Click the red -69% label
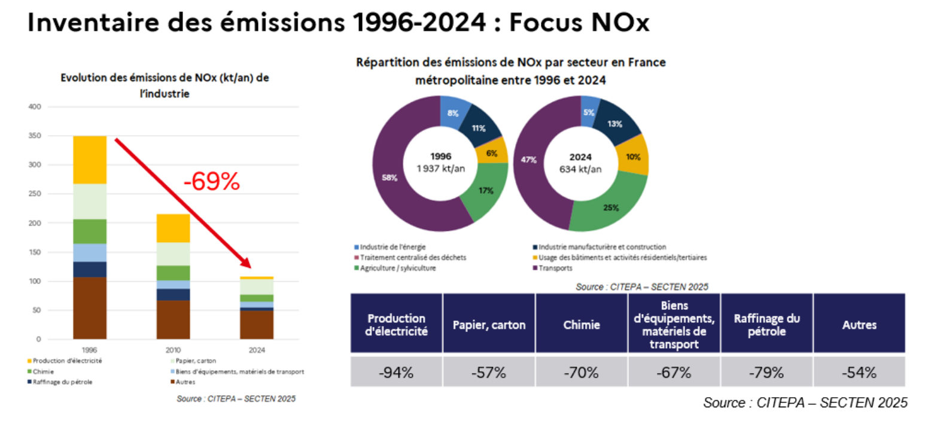[211, 181]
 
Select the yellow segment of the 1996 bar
[90, 160]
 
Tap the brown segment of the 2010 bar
[174, 319]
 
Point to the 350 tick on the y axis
[35, 135]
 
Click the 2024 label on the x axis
[257, 350]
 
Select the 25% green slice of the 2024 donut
[611, 206]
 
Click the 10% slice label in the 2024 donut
[633, 157]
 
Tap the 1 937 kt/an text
[440, 169]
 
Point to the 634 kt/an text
[580, 169]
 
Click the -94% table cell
[397, 373]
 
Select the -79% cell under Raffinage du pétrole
[766, 373]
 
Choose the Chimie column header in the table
[582, 325]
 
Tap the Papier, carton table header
[489, 325]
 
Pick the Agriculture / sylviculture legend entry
[395, 268]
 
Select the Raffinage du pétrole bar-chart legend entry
[60, 382]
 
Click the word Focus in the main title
[546, 22]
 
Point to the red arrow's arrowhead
[246, 263]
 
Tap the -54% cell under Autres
[859, 373]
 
